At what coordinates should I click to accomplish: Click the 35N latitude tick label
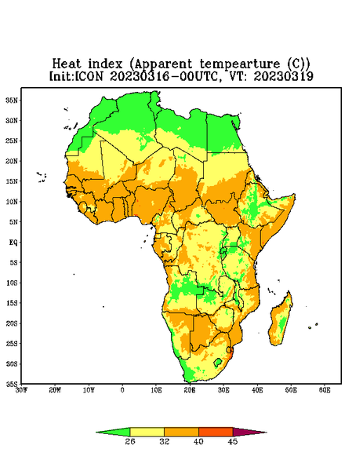point(12,100)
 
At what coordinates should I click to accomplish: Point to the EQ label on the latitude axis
point(13,242)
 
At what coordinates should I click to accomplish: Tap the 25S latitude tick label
point(12,343)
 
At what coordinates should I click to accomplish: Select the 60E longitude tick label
point(325,390)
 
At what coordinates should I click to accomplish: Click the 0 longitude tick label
point(122,390)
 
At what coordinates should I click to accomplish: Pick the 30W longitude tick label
point(21,390)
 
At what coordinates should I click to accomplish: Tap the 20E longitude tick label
point(190,390)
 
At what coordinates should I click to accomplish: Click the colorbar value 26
point(130,441)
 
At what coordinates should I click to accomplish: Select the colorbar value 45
point(233,441)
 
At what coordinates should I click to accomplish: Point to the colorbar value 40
point(198,441)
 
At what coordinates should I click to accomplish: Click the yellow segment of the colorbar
point(147,432)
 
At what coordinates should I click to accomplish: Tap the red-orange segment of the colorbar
point(216,432)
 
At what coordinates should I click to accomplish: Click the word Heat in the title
point(67,64)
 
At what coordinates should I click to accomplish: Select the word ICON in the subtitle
point(89,76)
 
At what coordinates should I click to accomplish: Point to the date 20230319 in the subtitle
point(284,76)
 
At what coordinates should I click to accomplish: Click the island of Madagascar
point(281,320)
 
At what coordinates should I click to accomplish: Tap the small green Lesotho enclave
point(218,362)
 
